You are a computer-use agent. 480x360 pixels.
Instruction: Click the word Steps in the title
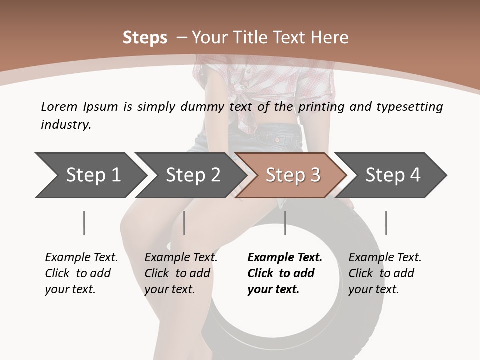[145, 38]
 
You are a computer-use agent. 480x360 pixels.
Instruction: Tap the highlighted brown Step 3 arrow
[293, 175]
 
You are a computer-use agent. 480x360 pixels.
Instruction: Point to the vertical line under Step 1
[84, 223]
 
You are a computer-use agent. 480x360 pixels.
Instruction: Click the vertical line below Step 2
[184, 223]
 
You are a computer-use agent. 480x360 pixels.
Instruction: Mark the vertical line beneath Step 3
[285, 223]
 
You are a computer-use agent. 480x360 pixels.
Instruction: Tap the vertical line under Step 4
[386, 223]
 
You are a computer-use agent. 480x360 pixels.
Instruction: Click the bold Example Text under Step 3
[285, 257]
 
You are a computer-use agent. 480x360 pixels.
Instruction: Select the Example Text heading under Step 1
[81, 257]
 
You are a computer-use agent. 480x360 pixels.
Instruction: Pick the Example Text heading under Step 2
[181, 257]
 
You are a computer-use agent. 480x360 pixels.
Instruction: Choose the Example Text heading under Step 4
[385, 257]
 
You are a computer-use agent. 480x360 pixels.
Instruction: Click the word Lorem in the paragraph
[59, 106]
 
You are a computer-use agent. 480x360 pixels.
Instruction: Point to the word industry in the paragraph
[66, 124]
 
